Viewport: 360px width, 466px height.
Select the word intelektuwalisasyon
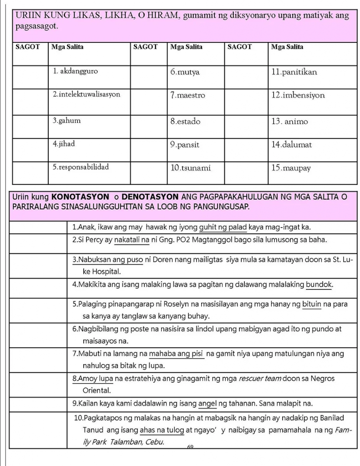click(x=90, y=95)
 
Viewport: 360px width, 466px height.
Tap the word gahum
click(x=70, y=121)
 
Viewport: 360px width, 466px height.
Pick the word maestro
click(x=191, y=96)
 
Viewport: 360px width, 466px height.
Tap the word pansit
click(x=188, y=145)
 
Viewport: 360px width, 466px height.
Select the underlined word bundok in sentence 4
click(x=319, y=285)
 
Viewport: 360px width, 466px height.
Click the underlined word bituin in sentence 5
click(x=312, y=304)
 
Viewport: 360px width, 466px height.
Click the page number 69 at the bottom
click(x=190, y=447)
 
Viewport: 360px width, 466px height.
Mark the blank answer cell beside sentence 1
click(x=38, y=227)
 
